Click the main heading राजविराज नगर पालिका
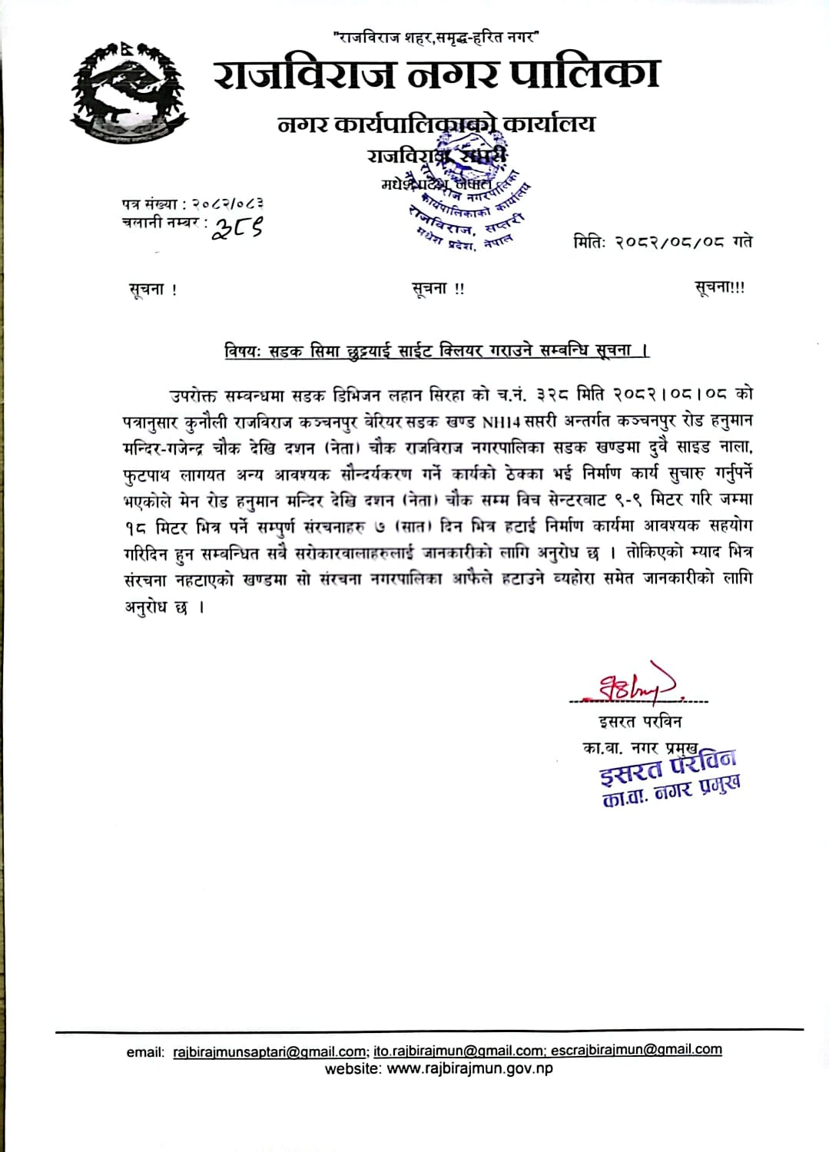[x=436, y=74]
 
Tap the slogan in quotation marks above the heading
[x=436, y=36]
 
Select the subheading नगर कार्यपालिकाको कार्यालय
[x=436, y=123]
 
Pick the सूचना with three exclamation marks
[x=719, y=288]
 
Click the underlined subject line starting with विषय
[x=436, y=351]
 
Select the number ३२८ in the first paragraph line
[x=552, y=395]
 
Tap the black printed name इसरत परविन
[x=640, y=722]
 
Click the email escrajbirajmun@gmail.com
[x=635, y=1049]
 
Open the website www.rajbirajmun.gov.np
[x=469, y=1068]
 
